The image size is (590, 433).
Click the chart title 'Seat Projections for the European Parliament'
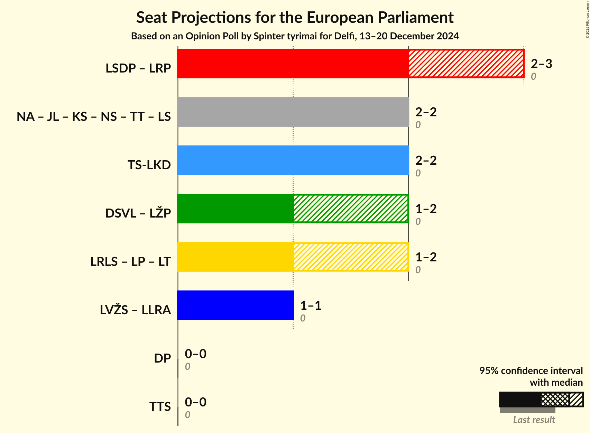point(295,17)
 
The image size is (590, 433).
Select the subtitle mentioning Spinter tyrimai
point(295,36)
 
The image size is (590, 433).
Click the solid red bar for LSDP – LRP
point(293,64)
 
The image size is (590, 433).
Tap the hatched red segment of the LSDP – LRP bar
point(466,64)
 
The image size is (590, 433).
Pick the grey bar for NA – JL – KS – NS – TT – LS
point(293,112)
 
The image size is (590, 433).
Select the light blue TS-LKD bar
point(293,160)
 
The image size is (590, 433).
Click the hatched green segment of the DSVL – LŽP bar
point(351,209)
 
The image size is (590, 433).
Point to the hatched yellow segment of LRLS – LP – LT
point(351,257)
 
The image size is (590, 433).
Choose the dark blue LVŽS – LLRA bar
point(235,305)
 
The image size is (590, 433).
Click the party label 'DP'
point(162,358)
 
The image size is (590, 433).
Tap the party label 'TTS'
point(160,407)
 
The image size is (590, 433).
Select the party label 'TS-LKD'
point(149,165)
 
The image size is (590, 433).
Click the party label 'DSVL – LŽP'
point(138,213)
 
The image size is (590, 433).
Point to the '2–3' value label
point(541,64)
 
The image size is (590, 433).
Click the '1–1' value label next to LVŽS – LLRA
point(311,305)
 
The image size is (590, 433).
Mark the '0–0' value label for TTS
point(195,402)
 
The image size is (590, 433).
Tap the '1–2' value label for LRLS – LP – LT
point(426,257)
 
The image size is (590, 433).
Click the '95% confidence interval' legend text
point(531,371)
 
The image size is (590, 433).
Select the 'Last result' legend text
point(534,420)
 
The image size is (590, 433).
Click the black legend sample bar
point(520,400)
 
